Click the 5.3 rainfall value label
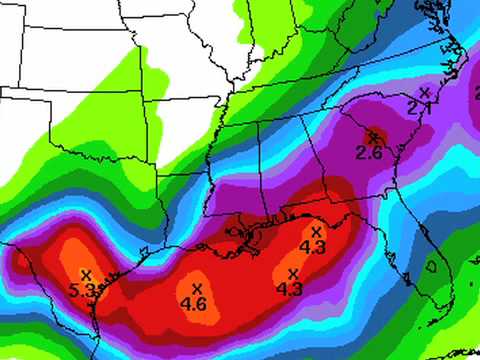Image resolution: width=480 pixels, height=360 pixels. click(x=83, y=291)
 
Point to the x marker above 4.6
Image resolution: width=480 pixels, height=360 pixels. click(x=195, y=288)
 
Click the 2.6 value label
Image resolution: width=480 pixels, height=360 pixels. click(x=369, y=153)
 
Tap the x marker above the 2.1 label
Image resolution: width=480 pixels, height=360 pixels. click(x=425, y=92)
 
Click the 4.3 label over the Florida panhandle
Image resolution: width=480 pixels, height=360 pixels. click(x=313, y=247)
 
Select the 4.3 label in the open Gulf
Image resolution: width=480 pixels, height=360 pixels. click(x=289, y=289)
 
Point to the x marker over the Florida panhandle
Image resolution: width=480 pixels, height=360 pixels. click(x=317, y=231)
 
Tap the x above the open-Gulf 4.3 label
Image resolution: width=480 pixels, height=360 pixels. click(x=293, y=273)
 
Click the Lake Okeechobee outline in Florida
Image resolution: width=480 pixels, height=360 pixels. click(x=433, y=267)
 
